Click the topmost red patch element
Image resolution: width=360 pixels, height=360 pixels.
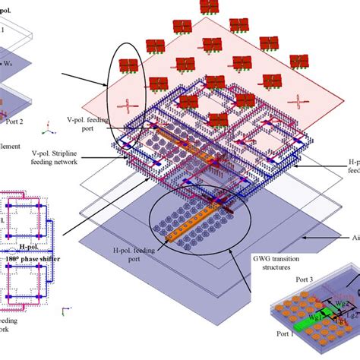tap(209, 7)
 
